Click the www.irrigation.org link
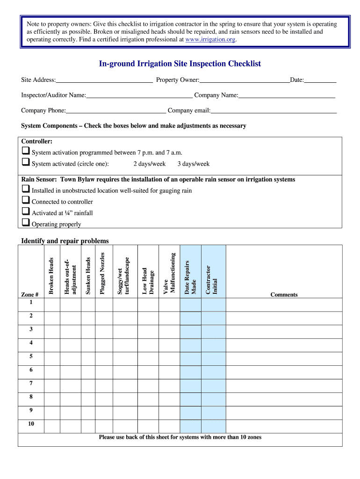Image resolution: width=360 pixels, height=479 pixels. [x=210, y=40]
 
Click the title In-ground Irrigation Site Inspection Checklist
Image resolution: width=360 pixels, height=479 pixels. [x=180, y=64]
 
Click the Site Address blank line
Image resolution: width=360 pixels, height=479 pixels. [x=104, y=80]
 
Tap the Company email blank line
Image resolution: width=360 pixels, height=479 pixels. [x=274, y=111]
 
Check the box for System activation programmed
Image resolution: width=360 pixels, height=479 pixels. [x=25, y=152]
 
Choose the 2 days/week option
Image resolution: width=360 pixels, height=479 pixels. [x=149, y=164]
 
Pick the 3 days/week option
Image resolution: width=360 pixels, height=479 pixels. [x=194, y=164]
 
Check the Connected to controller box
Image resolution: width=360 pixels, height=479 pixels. [x=25, y=201]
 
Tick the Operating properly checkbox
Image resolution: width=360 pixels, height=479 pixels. [x=25, y=223]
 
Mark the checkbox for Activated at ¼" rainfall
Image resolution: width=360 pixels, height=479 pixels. [x=25, y=212]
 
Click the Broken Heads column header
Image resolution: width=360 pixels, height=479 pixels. [x=51, y=276]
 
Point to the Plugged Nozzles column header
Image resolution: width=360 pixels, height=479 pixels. [x=103, y=274]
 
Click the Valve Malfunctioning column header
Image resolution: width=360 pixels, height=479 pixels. [x=169, y=274]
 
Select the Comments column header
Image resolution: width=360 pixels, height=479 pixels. [x=284, y=295]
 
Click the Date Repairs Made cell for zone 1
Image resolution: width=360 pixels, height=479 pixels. [x=190, y=304]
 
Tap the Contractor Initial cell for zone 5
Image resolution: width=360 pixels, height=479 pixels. [x=213, y=358]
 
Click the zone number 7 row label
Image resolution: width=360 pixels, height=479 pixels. [x=31, y=383]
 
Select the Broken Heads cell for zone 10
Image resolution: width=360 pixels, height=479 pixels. [x=51, y=426]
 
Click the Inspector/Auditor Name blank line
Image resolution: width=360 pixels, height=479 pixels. [x=139, y=95]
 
